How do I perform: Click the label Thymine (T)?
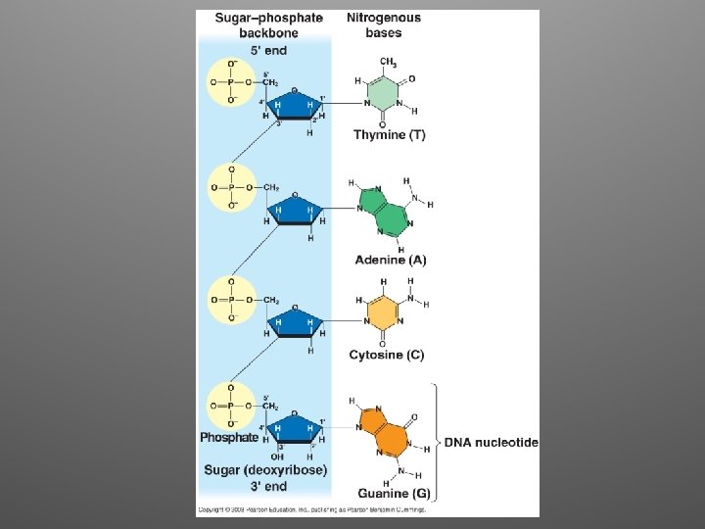point(390,135)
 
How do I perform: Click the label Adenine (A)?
point(390,261)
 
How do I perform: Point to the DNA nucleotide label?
point(492,443)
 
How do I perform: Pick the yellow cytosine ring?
point(383,313)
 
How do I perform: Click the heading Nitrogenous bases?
point(384,24)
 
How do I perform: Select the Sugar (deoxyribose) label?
point(265,470)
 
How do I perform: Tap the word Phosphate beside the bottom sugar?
point(229,437)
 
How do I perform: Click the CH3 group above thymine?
point(387,63)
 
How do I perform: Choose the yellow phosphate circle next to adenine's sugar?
point(231,186)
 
